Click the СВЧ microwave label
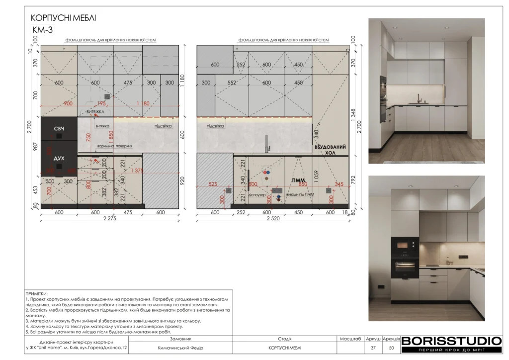[59, 129]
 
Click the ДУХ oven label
[59, 158]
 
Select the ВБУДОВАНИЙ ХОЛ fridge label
[330, 151]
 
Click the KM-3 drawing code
[42, 30]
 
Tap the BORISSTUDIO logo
[451, 341]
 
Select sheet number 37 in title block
[373, 348]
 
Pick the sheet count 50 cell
[391, 348]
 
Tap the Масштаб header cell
[350, 339]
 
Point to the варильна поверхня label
[114, 146]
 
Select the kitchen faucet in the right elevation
[267, 143]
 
